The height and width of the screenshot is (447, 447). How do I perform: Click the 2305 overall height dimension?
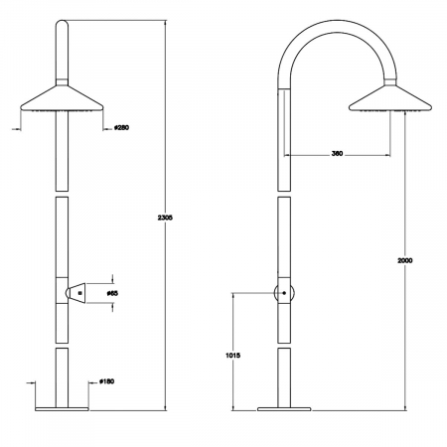click(x=165, y=218)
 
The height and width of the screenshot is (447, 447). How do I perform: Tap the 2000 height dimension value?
click(x=405, y=260)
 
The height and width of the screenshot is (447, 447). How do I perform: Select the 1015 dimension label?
click(x=232, y=356)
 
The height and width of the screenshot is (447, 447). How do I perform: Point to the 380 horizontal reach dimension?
click(x=337, y=154)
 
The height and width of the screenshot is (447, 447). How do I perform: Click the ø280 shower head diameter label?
click(x=121, y=127)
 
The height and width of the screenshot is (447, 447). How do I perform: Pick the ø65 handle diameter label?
click(x=112, y=293)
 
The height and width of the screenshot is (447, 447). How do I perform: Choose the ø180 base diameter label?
click(x=106, y=381)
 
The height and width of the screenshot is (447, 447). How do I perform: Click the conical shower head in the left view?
click(x=62, y=98)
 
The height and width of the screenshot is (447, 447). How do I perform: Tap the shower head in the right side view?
click(x=390, y=98)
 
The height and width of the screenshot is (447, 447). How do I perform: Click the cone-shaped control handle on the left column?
click(x=75, y=293)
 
